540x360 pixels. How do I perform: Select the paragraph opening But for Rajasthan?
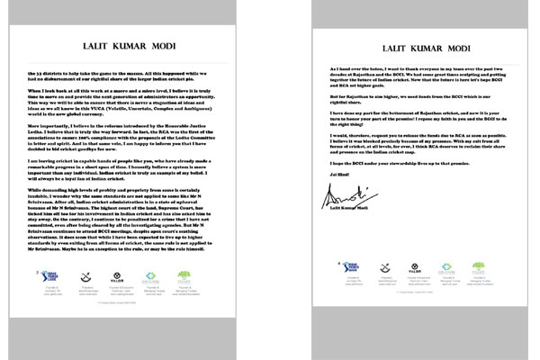(342, 118)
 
